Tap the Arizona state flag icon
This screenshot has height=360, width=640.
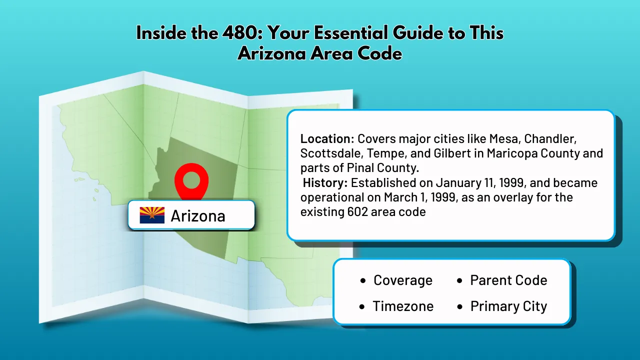pos(152,215)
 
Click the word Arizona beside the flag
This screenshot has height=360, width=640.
pos(198,215)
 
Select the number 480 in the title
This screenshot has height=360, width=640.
pos(241,32)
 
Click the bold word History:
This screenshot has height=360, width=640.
pos(325,183)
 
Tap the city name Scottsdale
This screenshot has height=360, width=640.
pos(331,153)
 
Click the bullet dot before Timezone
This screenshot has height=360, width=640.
pos(362,307)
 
